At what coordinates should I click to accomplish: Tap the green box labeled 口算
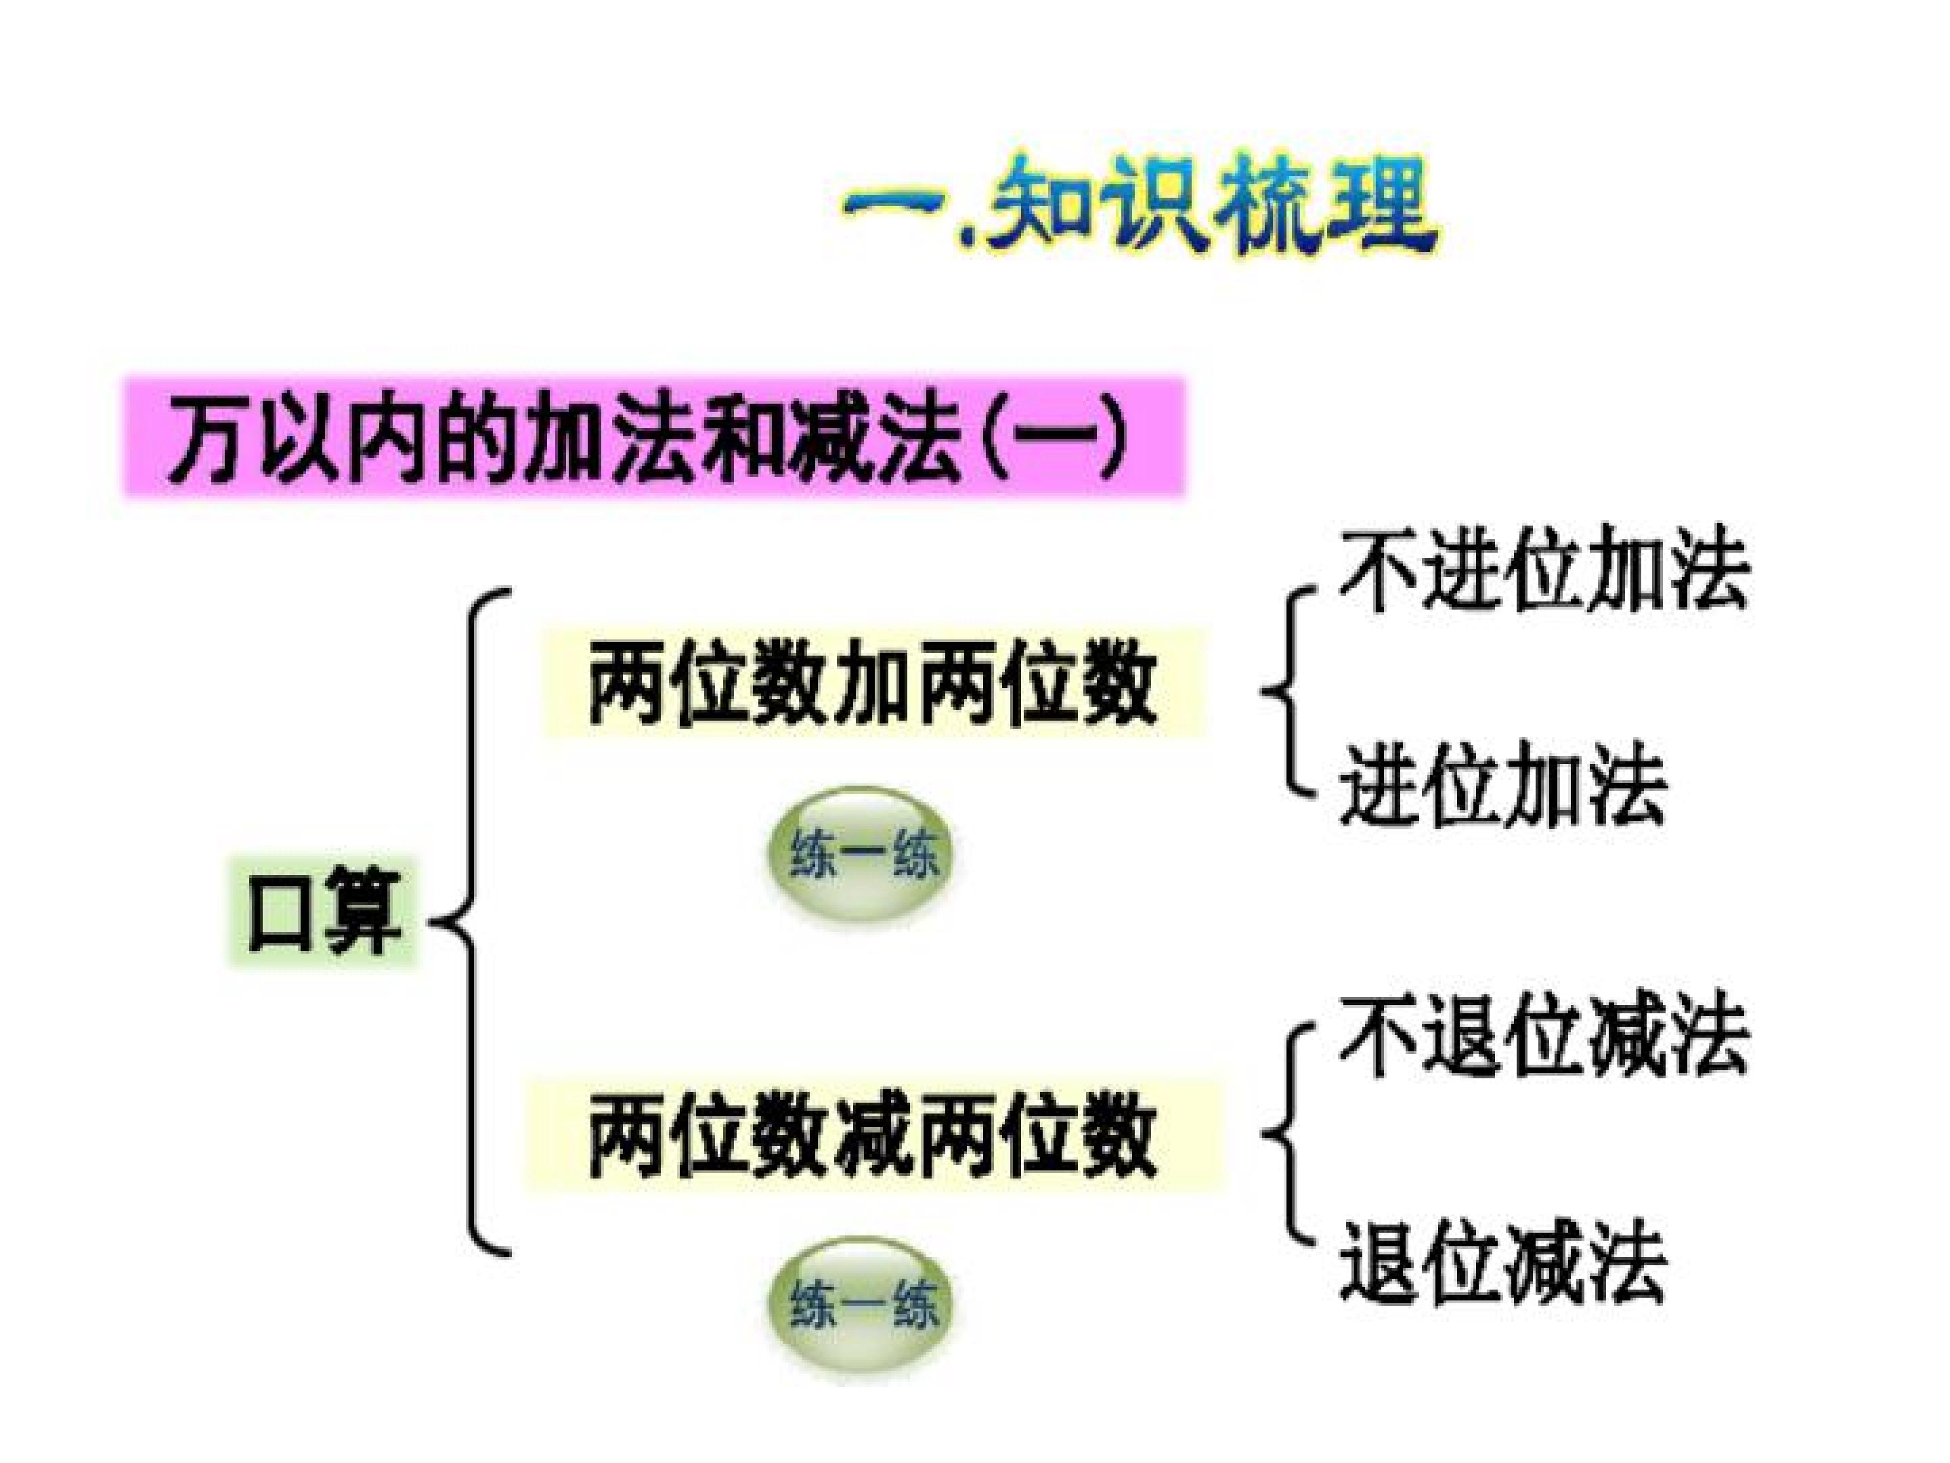point(324,912)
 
